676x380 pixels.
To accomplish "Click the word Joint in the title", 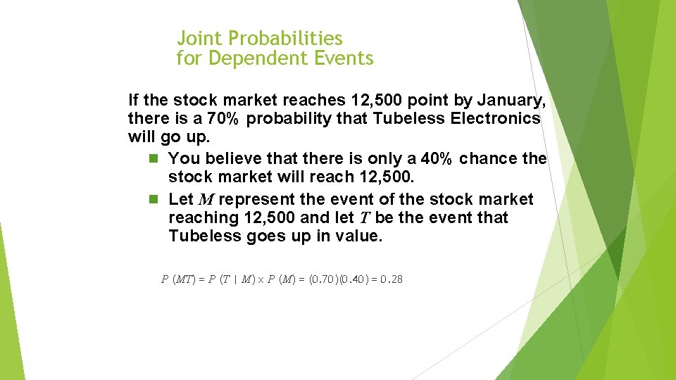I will coord(199,38).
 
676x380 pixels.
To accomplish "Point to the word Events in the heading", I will coord(345,58).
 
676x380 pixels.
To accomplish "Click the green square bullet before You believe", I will coord(154,159).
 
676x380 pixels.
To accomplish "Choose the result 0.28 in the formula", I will coord(391,279).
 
